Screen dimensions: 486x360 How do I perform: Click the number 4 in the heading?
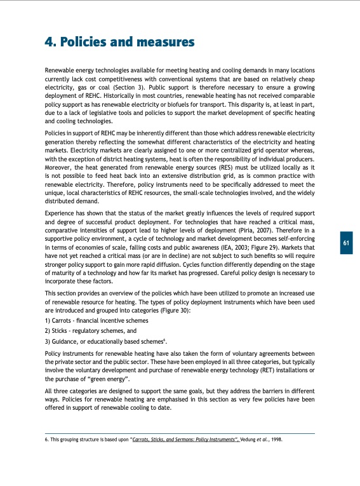[49, 43]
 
